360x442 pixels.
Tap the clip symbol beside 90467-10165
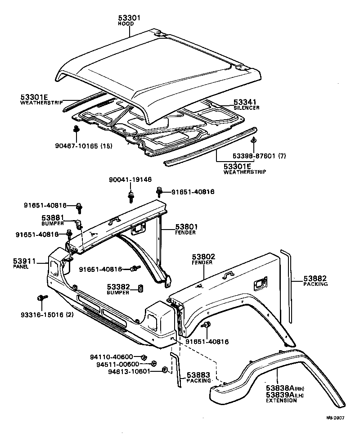pos(76,131)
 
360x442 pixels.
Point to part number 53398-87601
pos(254,156)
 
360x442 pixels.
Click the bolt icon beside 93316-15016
pos(41,298)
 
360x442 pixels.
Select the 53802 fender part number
pos(203,257)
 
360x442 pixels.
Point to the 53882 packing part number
pos(315,279)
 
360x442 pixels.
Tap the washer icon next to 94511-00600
pos(153,364)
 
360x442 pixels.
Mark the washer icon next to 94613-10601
pos(165,370)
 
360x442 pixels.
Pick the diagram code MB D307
pos(335,417)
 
